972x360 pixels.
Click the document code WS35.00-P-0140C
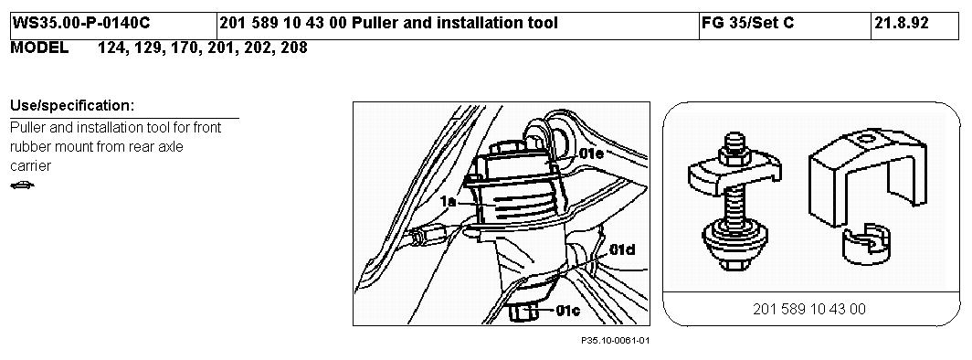[81, 24]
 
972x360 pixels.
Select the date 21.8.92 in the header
[902, 24]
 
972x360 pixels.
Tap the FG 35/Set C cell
[748, 24]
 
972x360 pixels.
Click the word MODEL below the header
[39, 48]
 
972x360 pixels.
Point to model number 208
[294, 48]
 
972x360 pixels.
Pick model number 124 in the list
[111, 48]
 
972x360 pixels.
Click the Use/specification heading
[72, 106]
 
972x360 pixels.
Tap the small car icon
[23, 185]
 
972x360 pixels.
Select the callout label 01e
[591, 153]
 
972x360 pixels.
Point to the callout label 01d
[620, 250]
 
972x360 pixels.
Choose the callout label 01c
[567, 311]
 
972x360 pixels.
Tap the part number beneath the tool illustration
[809, 309]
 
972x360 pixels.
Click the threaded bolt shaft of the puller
[736, 201]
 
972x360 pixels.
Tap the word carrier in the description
[30, 166]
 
